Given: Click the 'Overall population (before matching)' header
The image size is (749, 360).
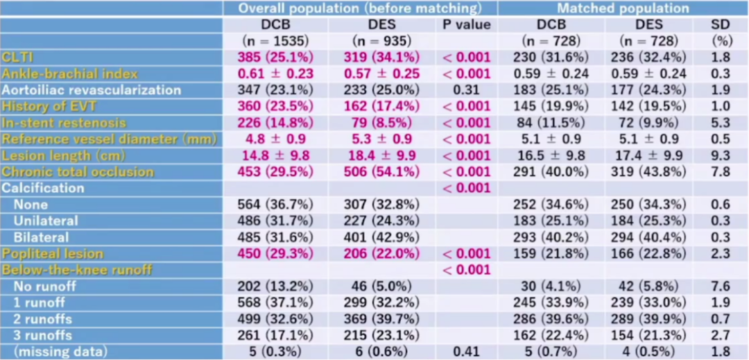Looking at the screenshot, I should [x=360, y=8].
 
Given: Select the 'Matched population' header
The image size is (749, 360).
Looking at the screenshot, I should [x=623, y=8].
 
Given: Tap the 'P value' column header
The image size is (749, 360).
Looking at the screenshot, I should [x=466, y=24].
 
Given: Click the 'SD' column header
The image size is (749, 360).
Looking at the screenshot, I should [x=719, y=24].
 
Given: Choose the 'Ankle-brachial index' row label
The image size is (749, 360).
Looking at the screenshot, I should [x=69, y=74].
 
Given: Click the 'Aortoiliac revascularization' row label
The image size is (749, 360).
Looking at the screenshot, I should [x=91, y=89].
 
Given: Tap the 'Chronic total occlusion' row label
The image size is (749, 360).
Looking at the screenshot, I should [x=78, y=171].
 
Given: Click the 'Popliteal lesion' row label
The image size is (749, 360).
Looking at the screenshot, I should [x=53, y=253].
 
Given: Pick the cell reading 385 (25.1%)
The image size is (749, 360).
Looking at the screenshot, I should [x=275, y=57].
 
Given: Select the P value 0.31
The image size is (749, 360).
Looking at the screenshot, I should [x=466, y=89].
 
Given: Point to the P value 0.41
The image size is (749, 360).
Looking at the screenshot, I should [x=466, y=352].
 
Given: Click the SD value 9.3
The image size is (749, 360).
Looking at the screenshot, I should [x=719, y=155].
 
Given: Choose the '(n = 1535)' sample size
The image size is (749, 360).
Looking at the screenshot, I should [x=275, y=41].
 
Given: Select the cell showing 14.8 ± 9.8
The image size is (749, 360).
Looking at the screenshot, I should [x=275, y=155].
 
